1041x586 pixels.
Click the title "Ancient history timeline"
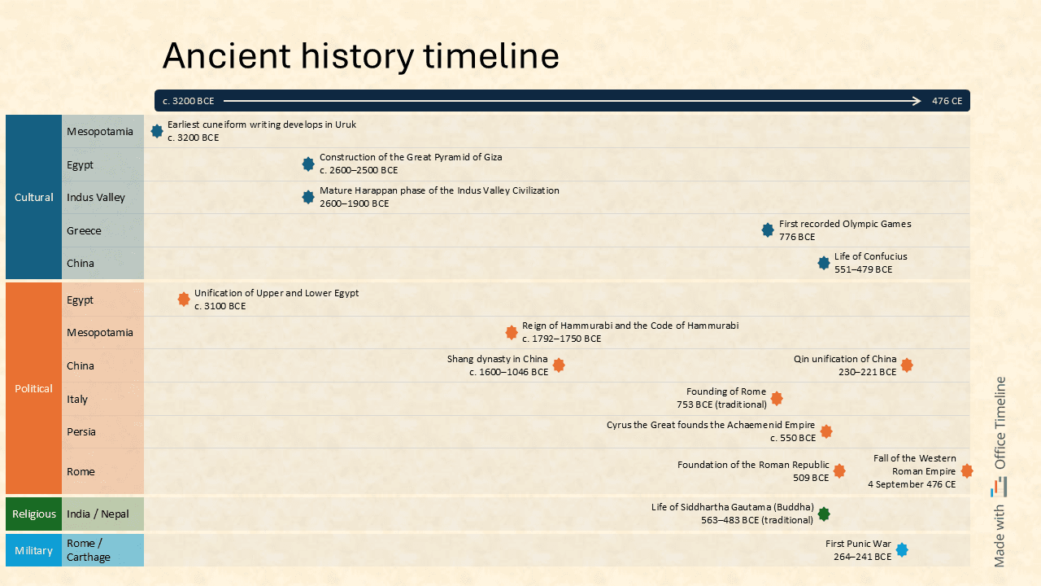360,56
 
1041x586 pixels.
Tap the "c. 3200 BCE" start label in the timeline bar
188,101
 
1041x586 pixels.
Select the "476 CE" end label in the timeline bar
947,101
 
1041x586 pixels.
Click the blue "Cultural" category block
33,197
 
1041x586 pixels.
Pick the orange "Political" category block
33,388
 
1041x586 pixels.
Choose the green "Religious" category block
33,514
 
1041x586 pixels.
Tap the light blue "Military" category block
33,550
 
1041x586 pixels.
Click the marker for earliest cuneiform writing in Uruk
157,131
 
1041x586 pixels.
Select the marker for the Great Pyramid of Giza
308,164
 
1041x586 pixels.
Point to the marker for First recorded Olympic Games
768,230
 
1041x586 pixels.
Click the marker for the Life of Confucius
824,263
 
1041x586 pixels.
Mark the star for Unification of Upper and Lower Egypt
184,300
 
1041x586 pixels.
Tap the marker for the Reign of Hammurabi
512,332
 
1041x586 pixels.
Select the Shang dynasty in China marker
559,365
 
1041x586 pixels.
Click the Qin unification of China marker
907,365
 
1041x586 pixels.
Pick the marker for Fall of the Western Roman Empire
967,471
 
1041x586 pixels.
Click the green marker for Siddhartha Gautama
824,514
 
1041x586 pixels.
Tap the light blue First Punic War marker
902,550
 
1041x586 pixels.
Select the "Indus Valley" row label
96,197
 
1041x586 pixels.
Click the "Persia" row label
81,431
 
